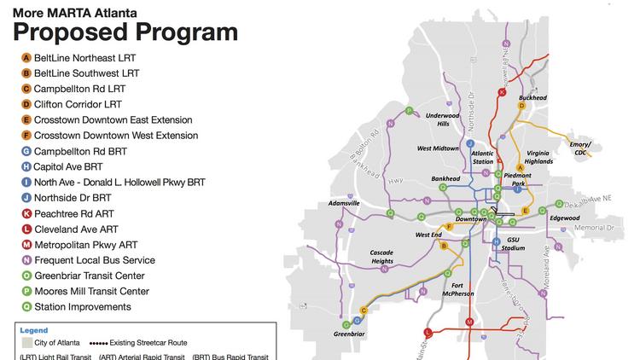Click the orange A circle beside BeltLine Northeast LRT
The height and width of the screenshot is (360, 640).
click(26, 58)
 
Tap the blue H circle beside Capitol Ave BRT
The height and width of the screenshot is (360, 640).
click(26, 167)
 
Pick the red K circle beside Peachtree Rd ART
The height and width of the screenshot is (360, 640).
click(26, 213)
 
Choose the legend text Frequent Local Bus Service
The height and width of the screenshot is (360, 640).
click(94, 260)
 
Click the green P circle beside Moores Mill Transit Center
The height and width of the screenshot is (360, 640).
click(26, 292)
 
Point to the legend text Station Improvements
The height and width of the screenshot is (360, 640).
click(82, 307)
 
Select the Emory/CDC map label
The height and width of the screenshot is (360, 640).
click(580, 149)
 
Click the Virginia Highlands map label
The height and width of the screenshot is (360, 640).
click(532, 156)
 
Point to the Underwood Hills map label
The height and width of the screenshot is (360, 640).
click(442, 119)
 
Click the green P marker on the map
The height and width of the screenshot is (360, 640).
click(409, 111)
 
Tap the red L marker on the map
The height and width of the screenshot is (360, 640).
click(428, 333)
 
